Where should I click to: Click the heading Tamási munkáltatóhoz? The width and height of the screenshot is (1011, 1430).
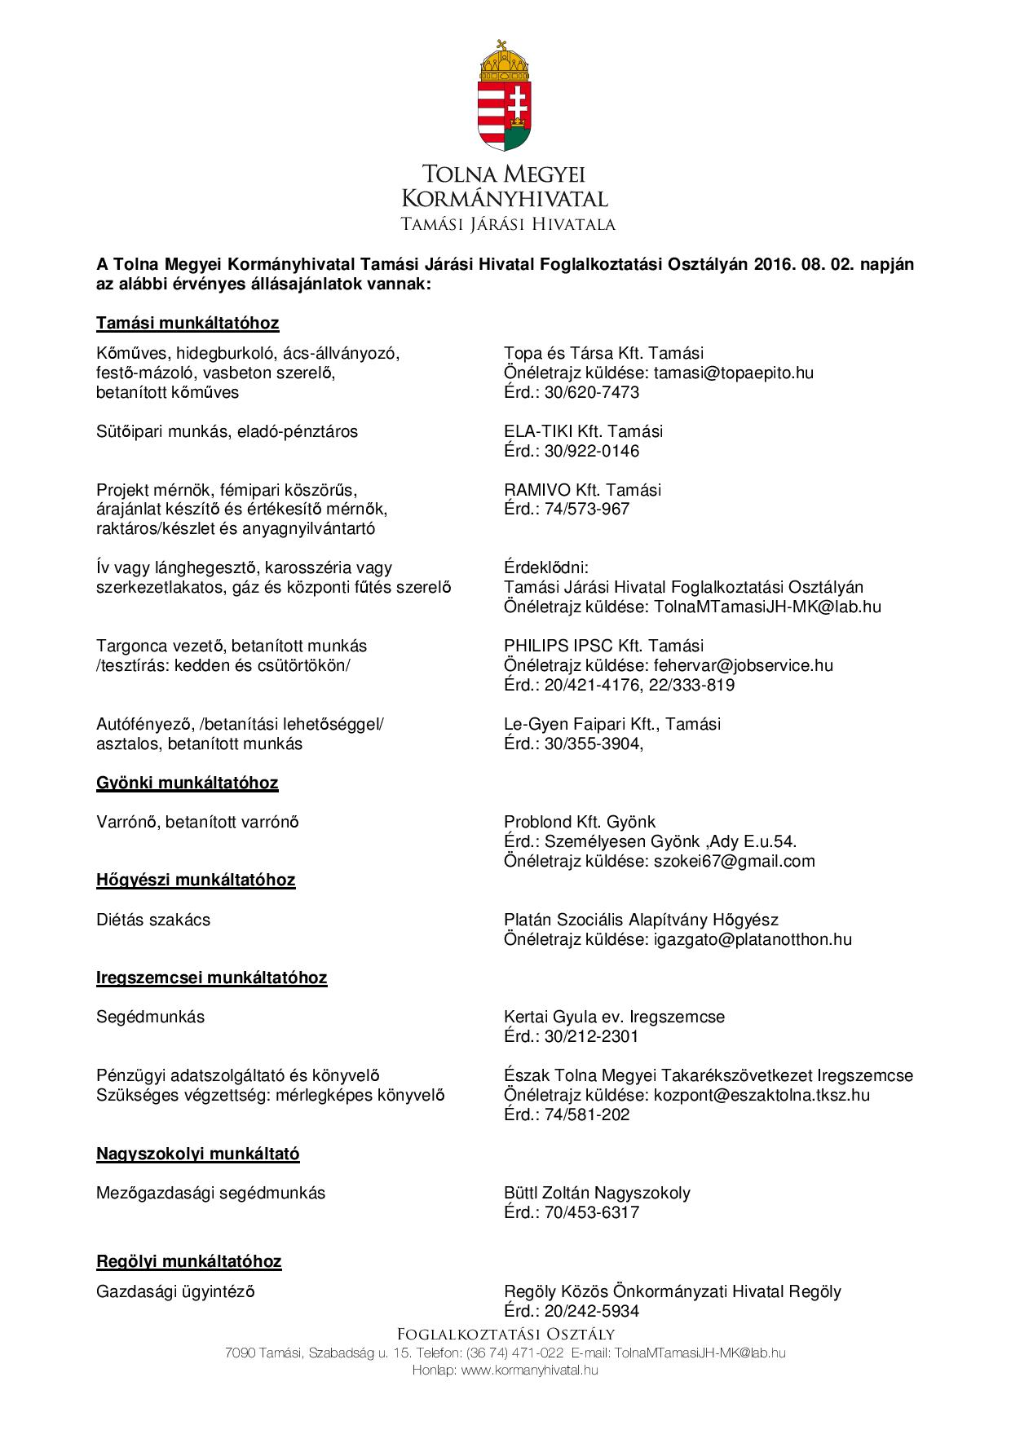tap(188, 323)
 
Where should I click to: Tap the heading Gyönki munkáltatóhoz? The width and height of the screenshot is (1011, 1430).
tap(188, 783)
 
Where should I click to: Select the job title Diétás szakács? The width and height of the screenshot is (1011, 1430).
tap(153, 920)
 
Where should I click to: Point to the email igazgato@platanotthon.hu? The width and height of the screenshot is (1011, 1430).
tap(752, 939)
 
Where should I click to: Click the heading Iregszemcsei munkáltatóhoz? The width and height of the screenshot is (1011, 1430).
tap(212, 978)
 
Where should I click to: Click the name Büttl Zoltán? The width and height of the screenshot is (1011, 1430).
tap(547, 1193)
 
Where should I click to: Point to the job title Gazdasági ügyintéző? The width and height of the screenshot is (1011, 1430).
tap(175, 1291)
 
